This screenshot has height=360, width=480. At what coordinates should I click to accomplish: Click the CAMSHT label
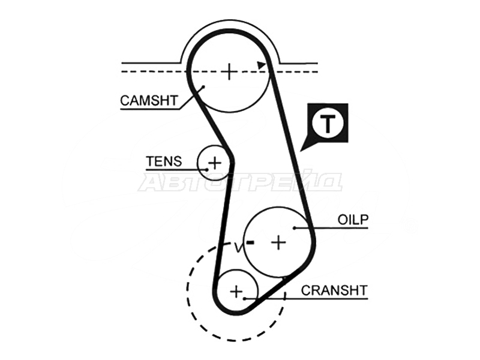click(x=149, y=101)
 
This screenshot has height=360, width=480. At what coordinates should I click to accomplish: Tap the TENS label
click(x=164, y=161)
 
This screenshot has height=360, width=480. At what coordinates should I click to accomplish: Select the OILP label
click(x=353, y=220)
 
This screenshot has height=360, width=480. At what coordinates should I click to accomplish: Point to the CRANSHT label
click(x=334, y=290)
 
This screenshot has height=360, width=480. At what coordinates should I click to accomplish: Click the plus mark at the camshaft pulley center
click(x=229, y=71)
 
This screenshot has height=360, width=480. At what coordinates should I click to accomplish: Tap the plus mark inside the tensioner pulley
click(x=215, y=162)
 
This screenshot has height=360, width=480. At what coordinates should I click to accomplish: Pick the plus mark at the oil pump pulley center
click(x=278, y=242)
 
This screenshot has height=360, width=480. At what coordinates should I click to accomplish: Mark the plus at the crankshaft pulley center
click(x=236, y=291)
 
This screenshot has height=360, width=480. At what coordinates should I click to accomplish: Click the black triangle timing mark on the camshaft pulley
click(x=261, y=65)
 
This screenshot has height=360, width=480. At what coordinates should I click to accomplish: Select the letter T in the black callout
click(x=328, y=124)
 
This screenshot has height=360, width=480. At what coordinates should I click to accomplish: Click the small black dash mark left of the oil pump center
click(x=250, y=242)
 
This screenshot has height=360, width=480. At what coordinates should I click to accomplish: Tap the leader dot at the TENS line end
click(x=207, y=169)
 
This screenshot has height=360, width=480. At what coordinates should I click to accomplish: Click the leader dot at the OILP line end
click(x=294, y=228)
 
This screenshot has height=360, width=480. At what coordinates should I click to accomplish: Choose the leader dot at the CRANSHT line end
click(x=245, y=298)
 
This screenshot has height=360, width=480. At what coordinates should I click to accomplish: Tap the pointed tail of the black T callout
click(x=301, y=151)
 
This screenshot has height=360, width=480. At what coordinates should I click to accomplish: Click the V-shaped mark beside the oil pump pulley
click(x=238, y=247)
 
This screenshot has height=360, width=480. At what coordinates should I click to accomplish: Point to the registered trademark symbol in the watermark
click(x=414, y=227)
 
